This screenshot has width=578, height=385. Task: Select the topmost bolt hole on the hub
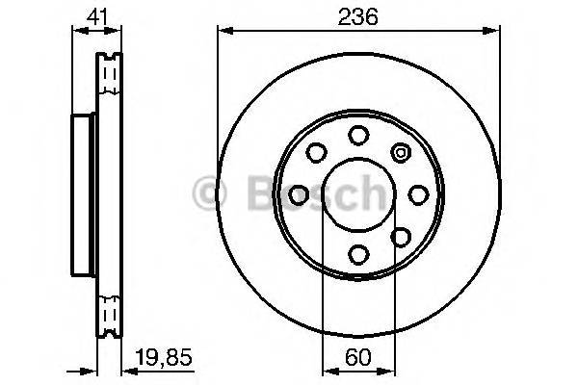[357, 134]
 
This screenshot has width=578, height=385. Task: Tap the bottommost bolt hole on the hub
[357, 254]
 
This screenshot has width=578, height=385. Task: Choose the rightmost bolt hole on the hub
[417, 193]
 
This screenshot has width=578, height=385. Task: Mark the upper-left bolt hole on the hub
[315, 152]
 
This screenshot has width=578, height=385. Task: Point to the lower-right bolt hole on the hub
[400, 236]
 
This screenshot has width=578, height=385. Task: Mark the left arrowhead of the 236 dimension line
[224, 32]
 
